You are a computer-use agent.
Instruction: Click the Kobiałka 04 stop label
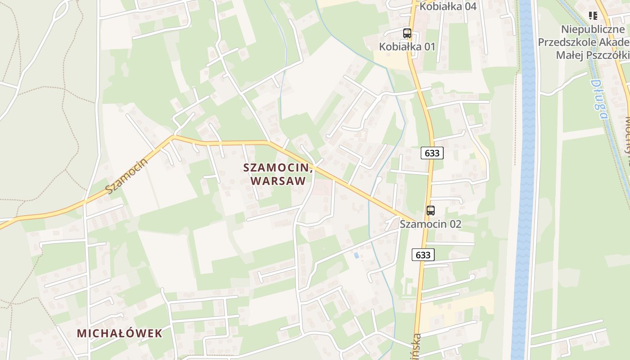click(x=448, y=6)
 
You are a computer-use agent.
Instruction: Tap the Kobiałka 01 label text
click(x=407, y=47)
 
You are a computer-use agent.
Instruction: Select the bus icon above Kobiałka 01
click(x=407, y=33)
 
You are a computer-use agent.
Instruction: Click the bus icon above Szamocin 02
click(x=430, y=210)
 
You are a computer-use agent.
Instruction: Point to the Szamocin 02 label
click(x=430, y=224)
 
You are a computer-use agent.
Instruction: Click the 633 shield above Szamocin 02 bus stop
click(x=432, y=153)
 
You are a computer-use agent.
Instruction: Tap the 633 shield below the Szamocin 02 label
click(x=423, y=255)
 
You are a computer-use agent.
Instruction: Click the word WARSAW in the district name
click(x=279, y=181)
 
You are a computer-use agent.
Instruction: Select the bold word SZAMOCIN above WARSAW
click(x=277, y=168)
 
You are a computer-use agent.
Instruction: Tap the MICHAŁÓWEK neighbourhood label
click(x=119, y=333)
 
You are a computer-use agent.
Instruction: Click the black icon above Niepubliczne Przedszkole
click(x=593, y=16)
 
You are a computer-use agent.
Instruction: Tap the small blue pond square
click(x=356, y=255)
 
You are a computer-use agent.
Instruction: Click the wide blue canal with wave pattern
click(x=526, y=180)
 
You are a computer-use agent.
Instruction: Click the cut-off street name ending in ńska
click(x=417, y=346)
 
